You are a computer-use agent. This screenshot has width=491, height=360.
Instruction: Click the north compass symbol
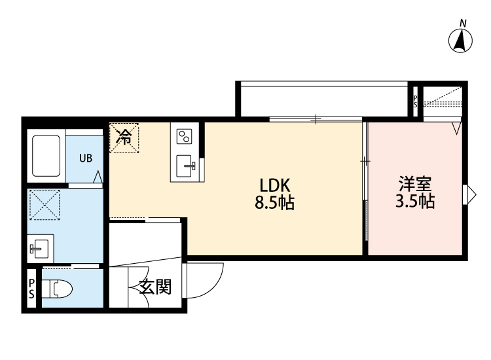[461, 41]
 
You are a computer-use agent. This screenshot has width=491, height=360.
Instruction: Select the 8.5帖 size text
[274, 202]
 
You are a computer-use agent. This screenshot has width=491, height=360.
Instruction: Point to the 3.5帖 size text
[414, 201]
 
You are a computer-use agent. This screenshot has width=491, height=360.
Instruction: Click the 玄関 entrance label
[155, 287]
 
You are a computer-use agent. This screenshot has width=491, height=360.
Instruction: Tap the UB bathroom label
[86, 158]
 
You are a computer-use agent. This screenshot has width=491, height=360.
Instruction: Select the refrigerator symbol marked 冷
[124, 138]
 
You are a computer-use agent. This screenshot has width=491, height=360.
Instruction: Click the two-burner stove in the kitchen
[185, 137]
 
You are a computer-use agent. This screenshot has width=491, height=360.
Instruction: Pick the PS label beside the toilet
[31, 289]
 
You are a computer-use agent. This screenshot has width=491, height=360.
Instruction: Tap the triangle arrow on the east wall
[468, 194]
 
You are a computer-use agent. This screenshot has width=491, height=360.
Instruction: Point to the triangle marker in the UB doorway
[98, 177]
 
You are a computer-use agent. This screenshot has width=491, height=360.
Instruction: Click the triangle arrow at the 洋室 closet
[457, 128]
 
